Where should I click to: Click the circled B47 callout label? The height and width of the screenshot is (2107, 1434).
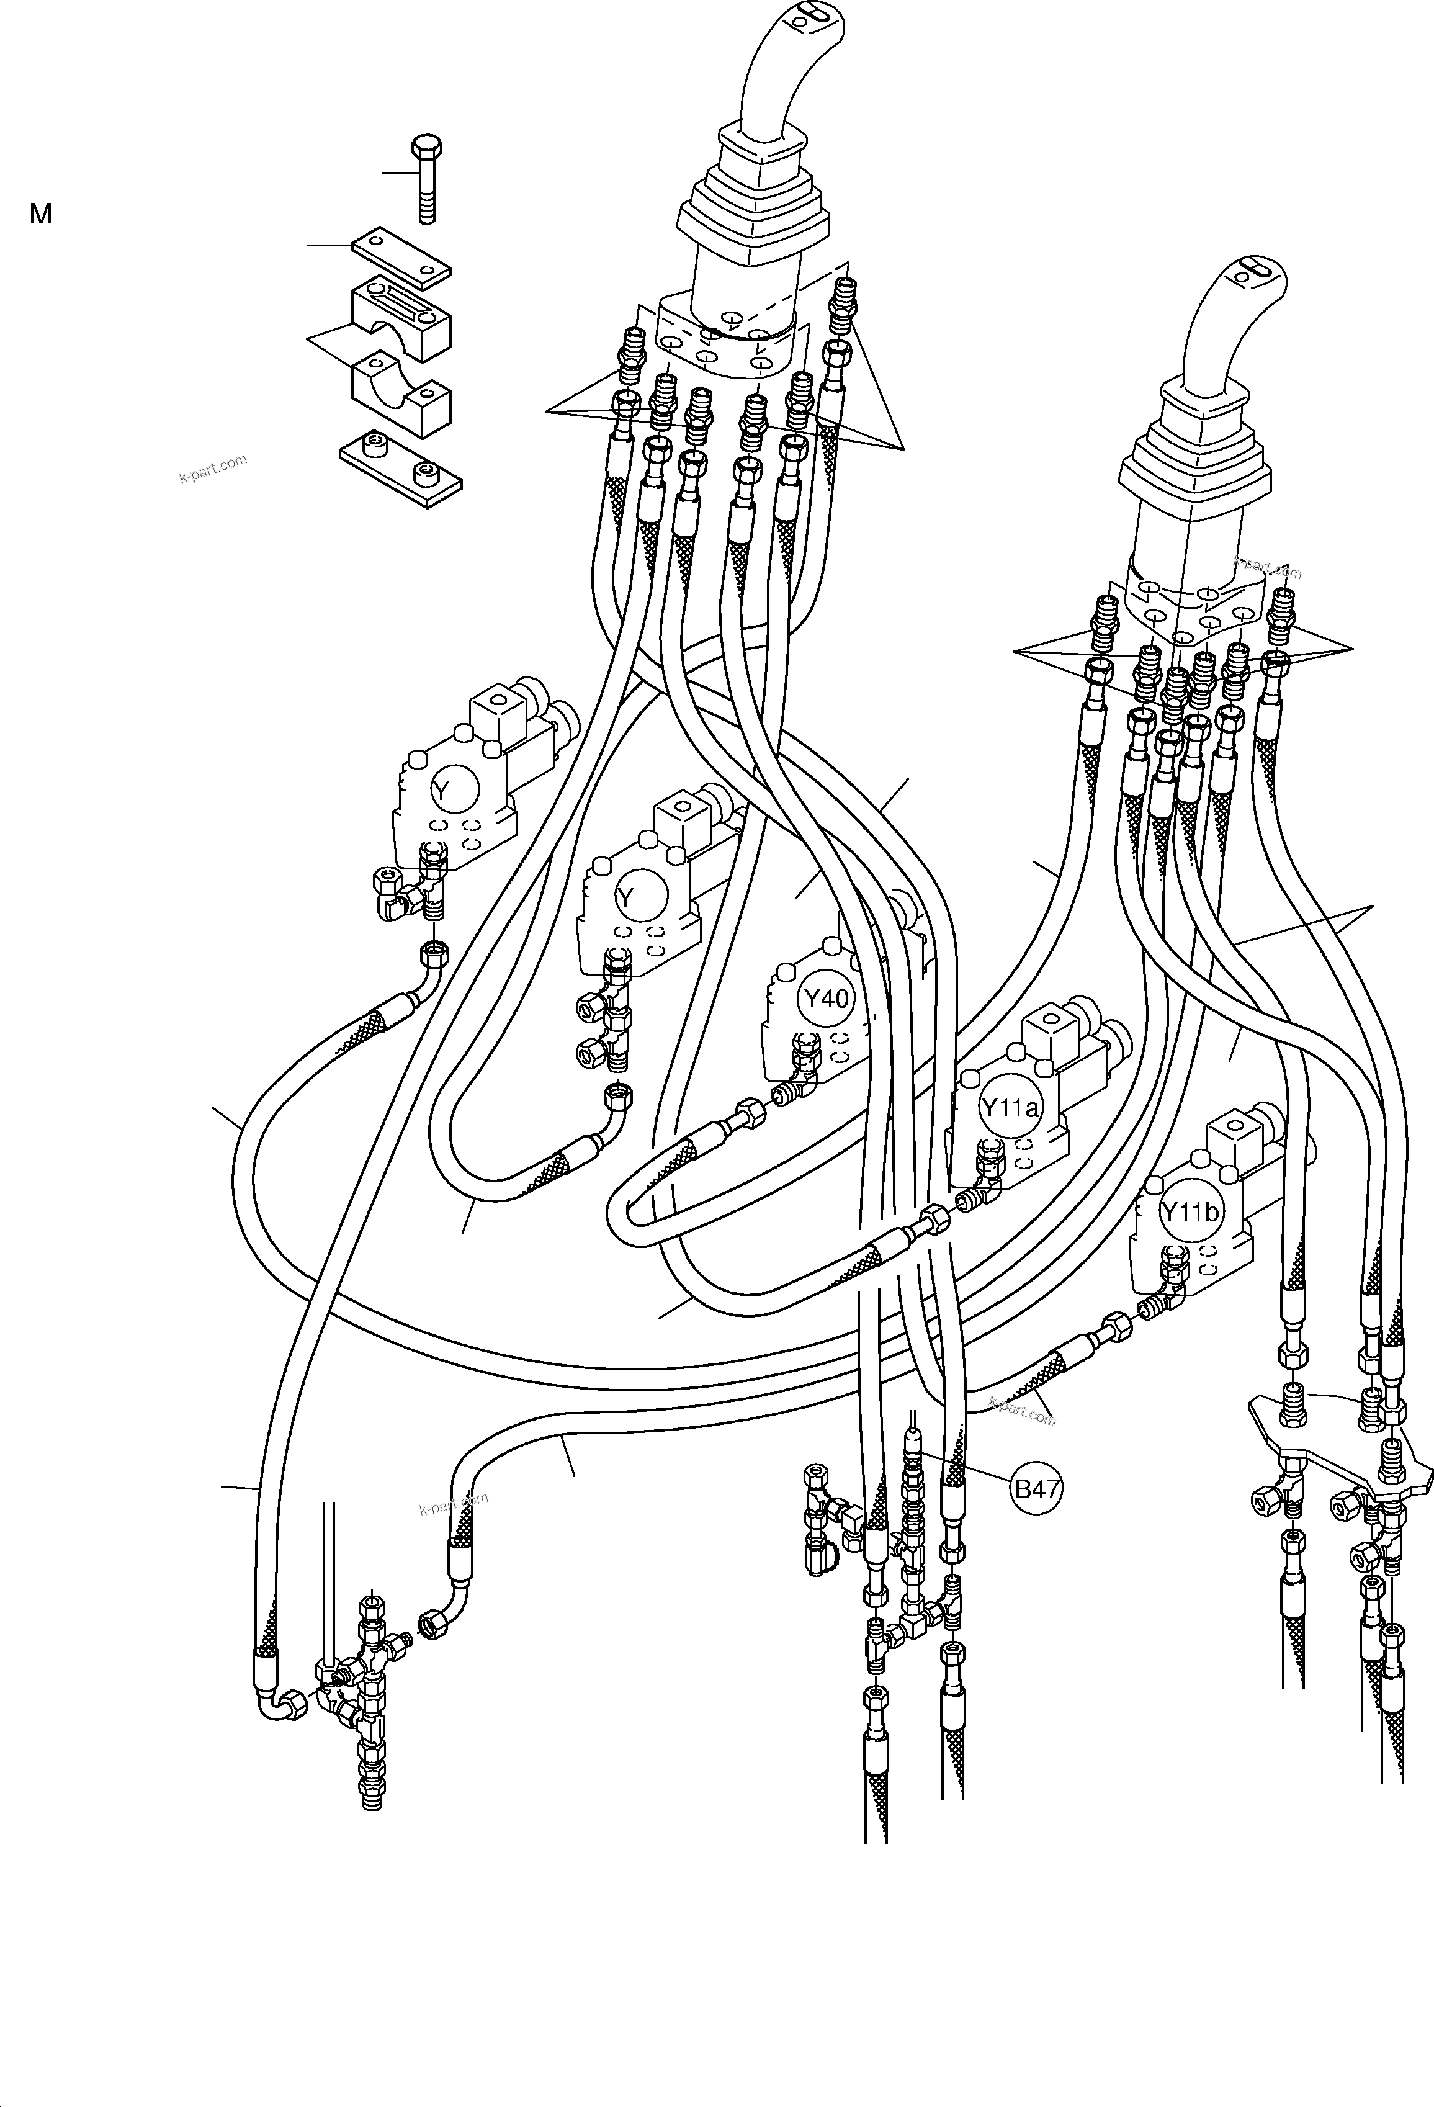coord(1036,1489)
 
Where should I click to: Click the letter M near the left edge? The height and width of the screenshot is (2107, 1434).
coord(41,214)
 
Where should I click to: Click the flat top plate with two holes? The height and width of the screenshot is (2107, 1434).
coord(401,254)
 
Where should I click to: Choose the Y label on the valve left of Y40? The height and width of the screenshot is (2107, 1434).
coord(624,897)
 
